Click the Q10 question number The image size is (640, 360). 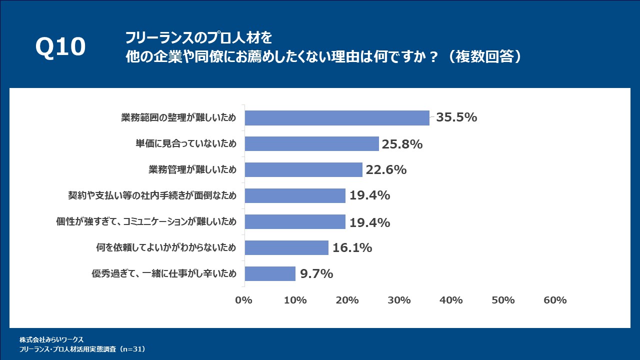60,47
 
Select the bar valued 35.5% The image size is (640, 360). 336,118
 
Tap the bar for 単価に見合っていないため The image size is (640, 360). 311,144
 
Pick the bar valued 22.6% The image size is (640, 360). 303,170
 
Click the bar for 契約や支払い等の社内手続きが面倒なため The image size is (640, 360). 295,196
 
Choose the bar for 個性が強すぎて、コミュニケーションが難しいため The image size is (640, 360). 295,222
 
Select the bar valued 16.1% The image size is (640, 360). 286,248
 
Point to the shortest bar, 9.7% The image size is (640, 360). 270,274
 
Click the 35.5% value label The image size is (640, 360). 456,118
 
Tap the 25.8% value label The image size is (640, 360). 402,144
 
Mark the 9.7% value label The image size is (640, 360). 316,274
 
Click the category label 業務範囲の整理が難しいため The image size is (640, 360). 178,118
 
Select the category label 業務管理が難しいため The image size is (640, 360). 192,170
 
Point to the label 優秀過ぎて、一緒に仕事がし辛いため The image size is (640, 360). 163,274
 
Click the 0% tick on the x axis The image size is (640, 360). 243,300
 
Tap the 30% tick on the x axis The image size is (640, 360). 399,300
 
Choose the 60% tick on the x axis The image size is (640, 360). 554,300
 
